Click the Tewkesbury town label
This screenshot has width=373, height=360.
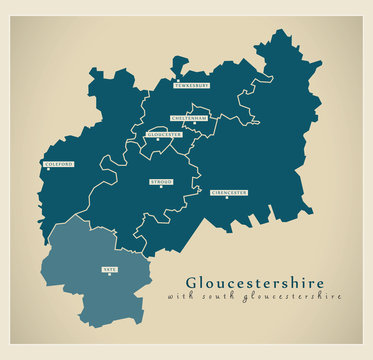[x=192, y=86]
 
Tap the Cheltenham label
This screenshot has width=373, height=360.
[x=189, y=118]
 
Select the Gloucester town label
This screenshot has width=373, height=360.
[x=164, y=134]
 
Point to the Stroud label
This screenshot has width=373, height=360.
[x=160, y=181]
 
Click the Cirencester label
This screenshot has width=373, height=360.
[x=229, y=192]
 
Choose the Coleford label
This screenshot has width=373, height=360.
[x=58, y=165]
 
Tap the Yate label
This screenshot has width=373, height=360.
[x=109, y=269]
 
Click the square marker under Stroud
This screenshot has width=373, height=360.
[x=160, y=188]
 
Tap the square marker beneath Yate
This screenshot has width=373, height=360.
[x=109, y=275]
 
